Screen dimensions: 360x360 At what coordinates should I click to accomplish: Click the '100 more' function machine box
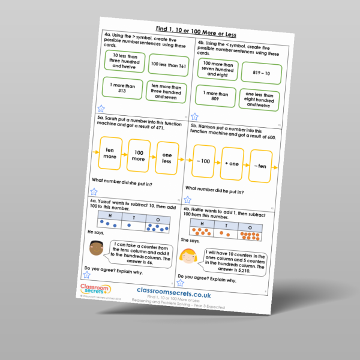click(x=139, y=157)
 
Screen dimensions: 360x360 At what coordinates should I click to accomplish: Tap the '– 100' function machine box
click(x=204, y=161)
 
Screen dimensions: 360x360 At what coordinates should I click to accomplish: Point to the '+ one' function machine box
click(x=232, y=164)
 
